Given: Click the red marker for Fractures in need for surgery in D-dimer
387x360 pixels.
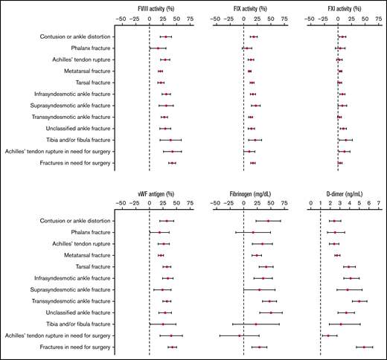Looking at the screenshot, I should point(364,347).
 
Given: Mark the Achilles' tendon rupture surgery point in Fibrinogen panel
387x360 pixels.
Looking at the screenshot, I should point(240,336).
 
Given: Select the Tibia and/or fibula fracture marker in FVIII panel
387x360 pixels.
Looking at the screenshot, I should point(170,140).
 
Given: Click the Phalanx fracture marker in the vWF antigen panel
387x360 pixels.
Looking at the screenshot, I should point(159,232).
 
